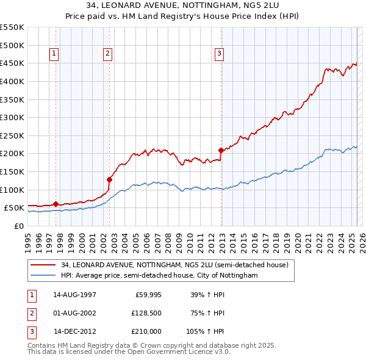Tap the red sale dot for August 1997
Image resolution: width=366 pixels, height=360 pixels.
pyautogui.click(x=56, y=204)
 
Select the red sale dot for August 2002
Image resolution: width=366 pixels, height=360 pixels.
pyautogui.click(x=110, y=179)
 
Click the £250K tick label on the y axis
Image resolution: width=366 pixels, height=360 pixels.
pyautogui.click(x=12, y=135)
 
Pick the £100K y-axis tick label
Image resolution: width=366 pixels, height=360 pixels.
pyautogui.click(x=12, y=190)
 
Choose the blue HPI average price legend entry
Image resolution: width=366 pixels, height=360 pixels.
pyautogui.click(x=159, y=276)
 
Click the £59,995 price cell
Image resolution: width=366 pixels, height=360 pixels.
pyautogui.click(x=147, y=295)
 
